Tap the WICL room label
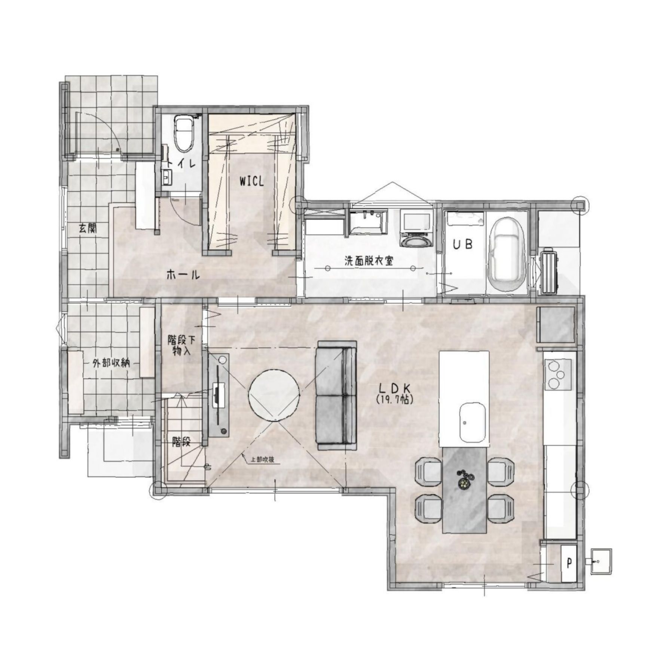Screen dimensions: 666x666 pyautogui.click(x=252, y=181)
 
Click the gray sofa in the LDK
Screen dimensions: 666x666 pyautogui.click(x=336, y=395)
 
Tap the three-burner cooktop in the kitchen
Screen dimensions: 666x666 pyautogui.click(x=558, y=373)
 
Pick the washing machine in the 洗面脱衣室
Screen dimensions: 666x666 pyautogui.click(x=416, y=228)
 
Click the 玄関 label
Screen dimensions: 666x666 pyautogui.click(x=88, y=228)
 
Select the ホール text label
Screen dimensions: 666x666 pyautogui.click(x=183, y=275)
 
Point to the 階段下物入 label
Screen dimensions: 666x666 pyautogui.click(x=181, y=346)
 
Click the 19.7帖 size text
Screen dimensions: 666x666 pyautogui.click(x=394, y=400)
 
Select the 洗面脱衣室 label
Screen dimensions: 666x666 pyautogui.click(x=369, y=261)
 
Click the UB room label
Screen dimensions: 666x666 pyautogui.click(x=463, y=244)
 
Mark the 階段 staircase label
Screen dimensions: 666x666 pyautogui.click(x=181, y=442)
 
